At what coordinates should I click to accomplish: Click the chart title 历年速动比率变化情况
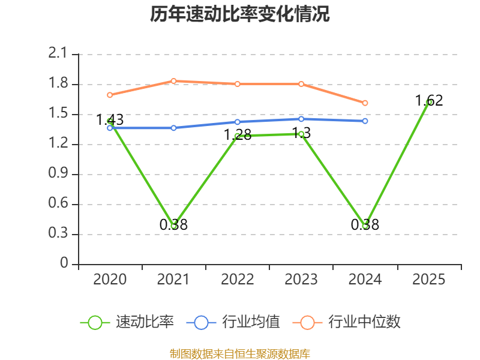(239, 14)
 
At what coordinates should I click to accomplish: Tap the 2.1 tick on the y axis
(58, 53)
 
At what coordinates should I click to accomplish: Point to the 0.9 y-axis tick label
(58, 173)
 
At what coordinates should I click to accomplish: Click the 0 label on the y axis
(64, 263)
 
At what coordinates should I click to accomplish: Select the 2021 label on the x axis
(173, 280)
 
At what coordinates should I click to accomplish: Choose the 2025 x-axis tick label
(428, 280)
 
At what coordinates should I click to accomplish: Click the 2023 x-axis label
(301, 280)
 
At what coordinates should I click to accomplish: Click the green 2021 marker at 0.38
(173, 226)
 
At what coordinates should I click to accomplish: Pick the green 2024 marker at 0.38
(365, 226)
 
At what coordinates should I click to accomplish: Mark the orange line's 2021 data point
(173, 81)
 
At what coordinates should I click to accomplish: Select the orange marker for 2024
(365, 103)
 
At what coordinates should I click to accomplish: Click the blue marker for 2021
(173, 128)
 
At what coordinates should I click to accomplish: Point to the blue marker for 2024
(365, 121)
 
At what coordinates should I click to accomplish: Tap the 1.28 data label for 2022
(238, 135)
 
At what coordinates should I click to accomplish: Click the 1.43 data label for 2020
(110, 119)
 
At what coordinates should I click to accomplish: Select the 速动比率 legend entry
(127, 322)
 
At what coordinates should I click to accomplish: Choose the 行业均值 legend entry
(233, 322)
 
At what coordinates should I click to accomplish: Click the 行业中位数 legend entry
(346, 322)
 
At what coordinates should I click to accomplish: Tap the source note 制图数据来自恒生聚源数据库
(239, 354)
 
